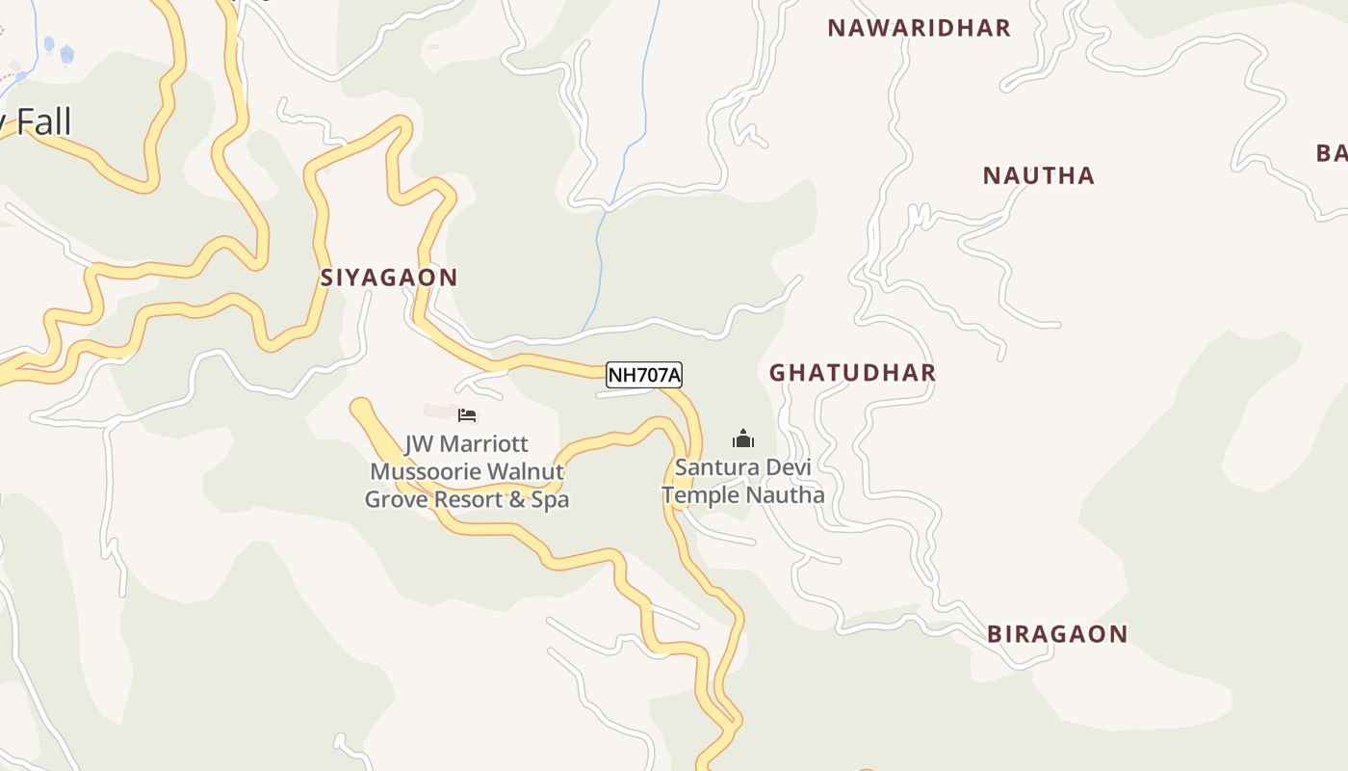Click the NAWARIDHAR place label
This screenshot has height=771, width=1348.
coord(919,28)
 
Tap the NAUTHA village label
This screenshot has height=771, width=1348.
coord(1038,175)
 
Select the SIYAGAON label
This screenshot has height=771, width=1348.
coord(389,278)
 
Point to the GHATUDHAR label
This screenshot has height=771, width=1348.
coord(852,373)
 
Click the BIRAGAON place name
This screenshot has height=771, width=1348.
coord(1056,634)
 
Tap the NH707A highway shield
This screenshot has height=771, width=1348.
coord(643,375)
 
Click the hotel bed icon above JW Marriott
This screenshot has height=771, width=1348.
coord(467,415)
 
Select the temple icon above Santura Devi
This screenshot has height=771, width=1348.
coord(742,439)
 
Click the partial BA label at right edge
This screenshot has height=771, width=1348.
coord(1332,152)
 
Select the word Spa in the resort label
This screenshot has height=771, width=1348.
coord(550,500)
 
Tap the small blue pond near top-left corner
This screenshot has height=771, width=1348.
coord(66,55)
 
